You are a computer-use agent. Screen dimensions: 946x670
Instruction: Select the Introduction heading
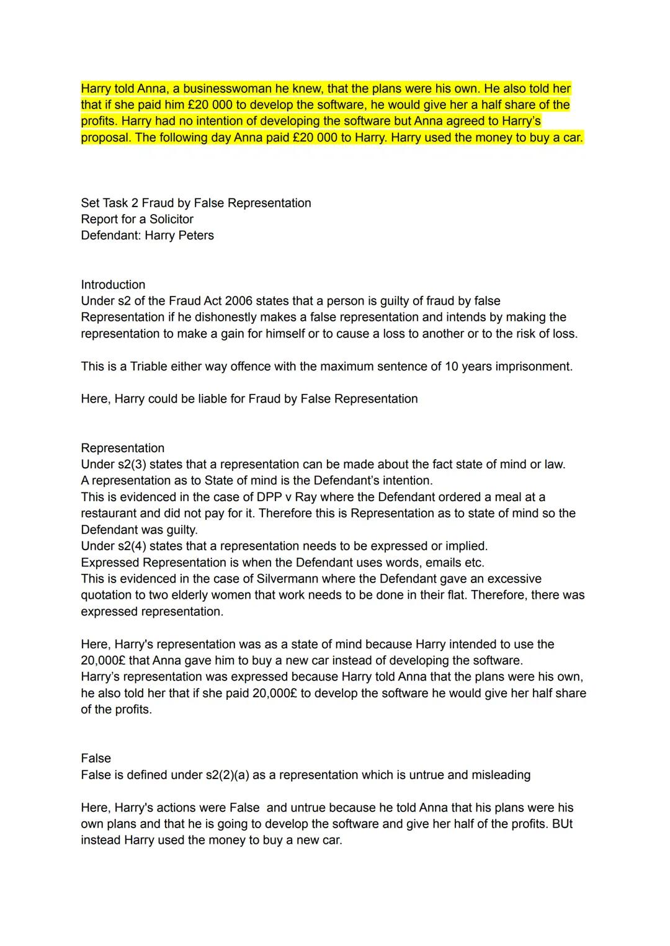tap(113, 285)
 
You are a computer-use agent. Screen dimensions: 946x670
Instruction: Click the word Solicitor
tap(171, 219)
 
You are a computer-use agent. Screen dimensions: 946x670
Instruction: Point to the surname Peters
tap(196, 236)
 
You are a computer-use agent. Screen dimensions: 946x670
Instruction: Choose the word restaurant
tap(109, 513)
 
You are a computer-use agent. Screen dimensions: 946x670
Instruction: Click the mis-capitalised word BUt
tap(562, 824)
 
